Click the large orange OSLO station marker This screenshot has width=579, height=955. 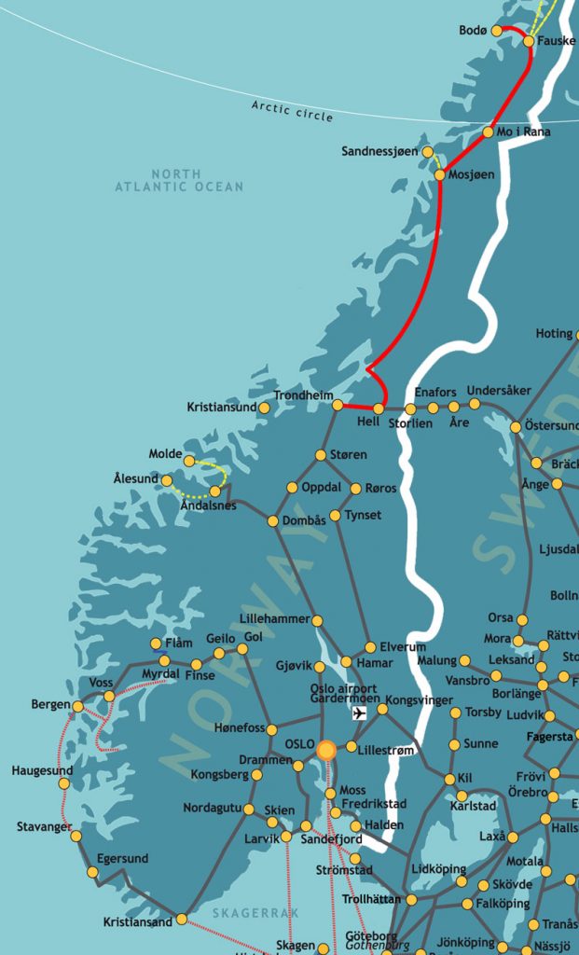(x=326, y=751)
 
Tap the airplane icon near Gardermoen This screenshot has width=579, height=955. (x=360, y=713)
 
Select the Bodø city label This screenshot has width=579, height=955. (x=473, y=31)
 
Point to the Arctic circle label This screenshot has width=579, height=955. (x=292, y=111)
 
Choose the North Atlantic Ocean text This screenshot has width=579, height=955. (x=179, y=181)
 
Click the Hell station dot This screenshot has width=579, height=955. (x=379, y=408)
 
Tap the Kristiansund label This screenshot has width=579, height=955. (x=222, y=408)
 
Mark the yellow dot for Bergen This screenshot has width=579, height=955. (x=77, y=706)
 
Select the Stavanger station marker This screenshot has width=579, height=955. (x=76, y=836)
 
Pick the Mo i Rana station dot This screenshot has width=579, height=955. (x=488, y=132)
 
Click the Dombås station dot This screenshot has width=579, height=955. (x=273, y=520)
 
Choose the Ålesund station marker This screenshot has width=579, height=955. (x=167, y=481)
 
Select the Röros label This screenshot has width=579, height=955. (x=379, y=488)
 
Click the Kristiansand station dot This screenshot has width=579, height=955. (x=182, y=920)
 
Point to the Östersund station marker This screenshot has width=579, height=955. (x=516, y=427)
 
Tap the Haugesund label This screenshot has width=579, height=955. (x=42, y=770)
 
